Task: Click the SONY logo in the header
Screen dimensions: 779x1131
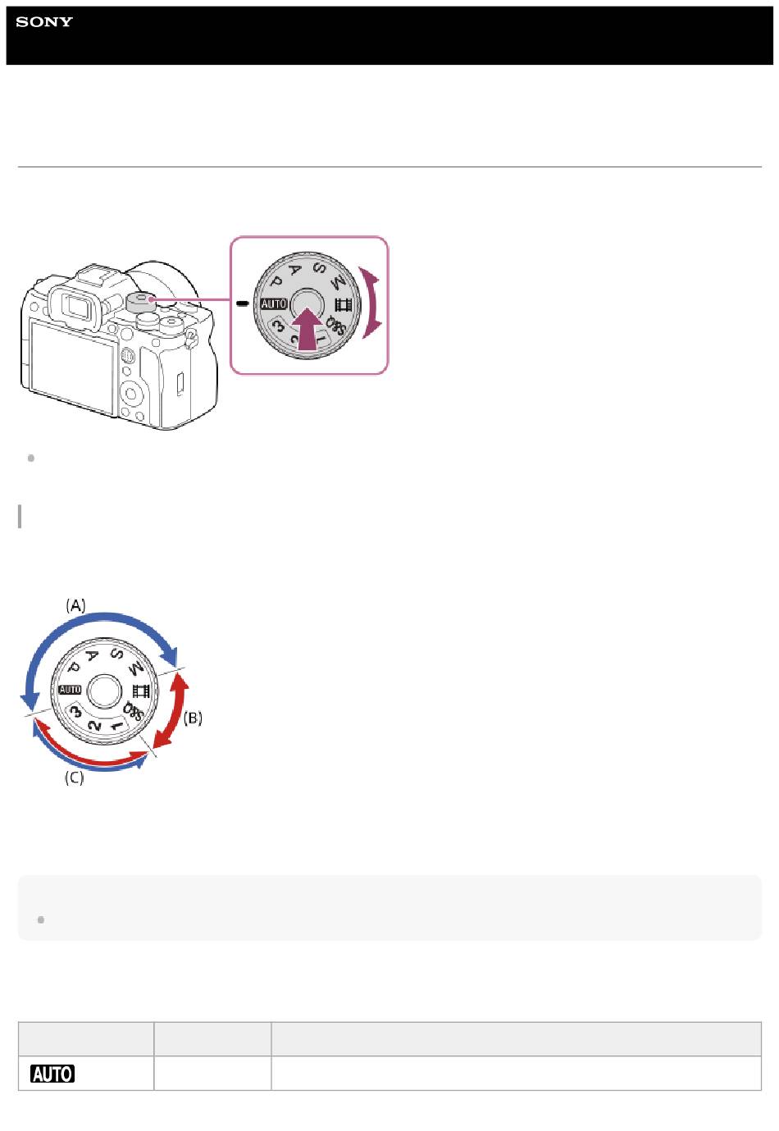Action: (44, 21)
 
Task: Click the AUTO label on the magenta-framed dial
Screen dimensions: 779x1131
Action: (274, 304)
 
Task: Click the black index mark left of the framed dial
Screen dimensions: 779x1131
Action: (243, 303)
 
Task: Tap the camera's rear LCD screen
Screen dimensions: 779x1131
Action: (72, 367)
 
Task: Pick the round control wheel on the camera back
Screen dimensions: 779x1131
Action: (131, 394)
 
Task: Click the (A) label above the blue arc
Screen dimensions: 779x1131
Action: (75, 605)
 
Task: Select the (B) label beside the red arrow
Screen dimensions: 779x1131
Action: (193, 718)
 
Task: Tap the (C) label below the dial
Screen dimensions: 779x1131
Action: (75, 778)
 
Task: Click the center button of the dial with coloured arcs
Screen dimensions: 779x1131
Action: (104, 691)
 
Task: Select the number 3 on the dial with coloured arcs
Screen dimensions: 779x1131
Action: (76, 711)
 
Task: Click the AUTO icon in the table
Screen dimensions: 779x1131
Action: (52, 1074)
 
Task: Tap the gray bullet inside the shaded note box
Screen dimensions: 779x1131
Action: (41, 919)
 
